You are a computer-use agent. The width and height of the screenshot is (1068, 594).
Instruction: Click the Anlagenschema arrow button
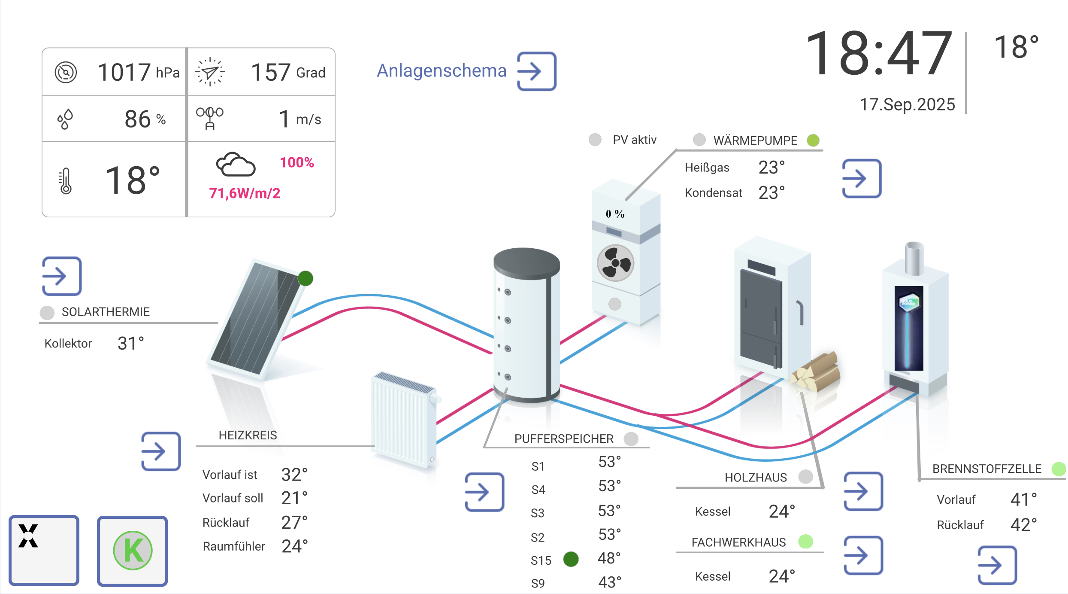[x=536, y=71]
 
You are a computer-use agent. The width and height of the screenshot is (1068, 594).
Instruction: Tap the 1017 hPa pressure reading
[x=138, y=72]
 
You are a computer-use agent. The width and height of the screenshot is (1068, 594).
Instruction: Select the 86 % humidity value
[x=145, y=119]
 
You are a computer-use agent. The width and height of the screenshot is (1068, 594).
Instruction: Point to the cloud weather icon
[x=236, y=164]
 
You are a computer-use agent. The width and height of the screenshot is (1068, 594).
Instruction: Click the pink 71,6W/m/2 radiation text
[x=245, y=193]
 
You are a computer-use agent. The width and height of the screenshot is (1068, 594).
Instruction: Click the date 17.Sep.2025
[x=907, y=104]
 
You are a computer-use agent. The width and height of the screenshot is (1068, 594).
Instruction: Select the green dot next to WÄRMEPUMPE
[x=813, y=140]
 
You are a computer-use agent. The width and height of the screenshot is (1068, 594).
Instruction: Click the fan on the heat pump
[x=615, y=263]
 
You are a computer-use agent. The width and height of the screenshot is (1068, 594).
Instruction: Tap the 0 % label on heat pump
[x=615, y=214]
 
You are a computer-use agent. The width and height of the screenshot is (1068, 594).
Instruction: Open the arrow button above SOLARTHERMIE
[x=62, y=276]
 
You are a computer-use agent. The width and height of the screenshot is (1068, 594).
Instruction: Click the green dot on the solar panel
[x=306, y=278]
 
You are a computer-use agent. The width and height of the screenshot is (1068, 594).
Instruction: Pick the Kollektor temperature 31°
[x=131, y=343]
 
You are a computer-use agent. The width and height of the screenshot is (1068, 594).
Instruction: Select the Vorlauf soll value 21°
[x=294, y=498]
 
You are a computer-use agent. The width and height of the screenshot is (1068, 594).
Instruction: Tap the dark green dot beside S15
[x=571, y=559]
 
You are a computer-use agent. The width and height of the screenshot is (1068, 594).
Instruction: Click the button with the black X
[x=44, y=550]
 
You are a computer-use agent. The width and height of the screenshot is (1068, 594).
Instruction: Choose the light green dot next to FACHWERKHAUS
[x=805, y=542]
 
